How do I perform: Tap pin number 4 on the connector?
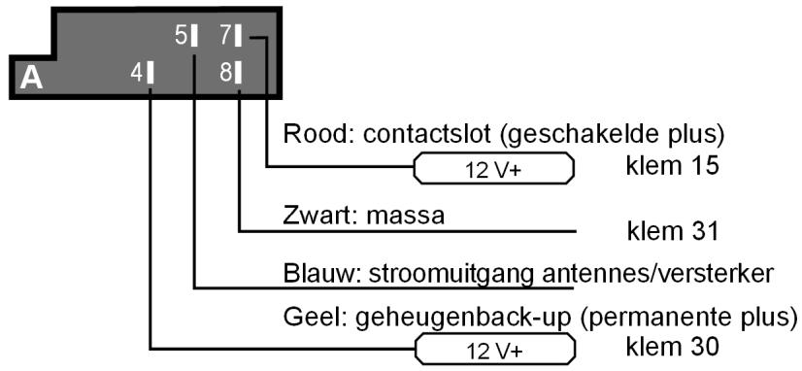(144, 73)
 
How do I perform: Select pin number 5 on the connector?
(186, 37)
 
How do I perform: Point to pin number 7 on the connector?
(230, 37)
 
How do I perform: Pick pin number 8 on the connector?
(231, 73)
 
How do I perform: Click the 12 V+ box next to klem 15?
(494, 169)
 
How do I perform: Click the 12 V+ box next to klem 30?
(494, 347)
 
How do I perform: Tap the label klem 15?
(672, 166)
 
